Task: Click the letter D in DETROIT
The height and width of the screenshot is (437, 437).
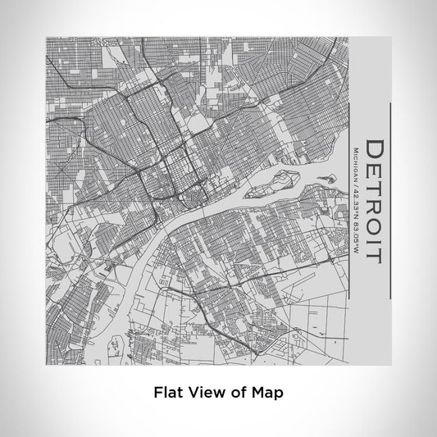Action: tap(374, 150)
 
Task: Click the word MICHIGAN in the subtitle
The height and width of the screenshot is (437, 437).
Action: tap(354, 165)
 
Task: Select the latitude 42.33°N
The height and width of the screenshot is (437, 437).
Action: tap(354, 206)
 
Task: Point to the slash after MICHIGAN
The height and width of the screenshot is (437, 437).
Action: tap(354, 186)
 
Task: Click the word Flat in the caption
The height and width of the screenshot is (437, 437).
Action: tap(168, 393)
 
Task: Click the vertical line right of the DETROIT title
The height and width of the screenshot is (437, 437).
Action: tap(391, 201)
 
